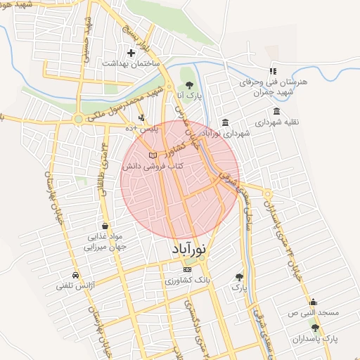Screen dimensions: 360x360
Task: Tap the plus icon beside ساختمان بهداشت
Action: [131, 53]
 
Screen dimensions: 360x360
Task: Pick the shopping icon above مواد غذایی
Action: [105, 226]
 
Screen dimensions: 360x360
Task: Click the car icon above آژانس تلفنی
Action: [75, 274]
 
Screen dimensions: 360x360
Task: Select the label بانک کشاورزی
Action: [188, 280]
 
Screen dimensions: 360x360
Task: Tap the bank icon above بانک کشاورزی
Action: [186, 269]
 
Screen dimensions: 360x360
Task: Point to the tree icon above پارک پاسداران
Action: [314, 327]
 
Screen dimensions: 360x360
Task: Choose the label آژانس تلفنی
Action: [75, 285]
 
